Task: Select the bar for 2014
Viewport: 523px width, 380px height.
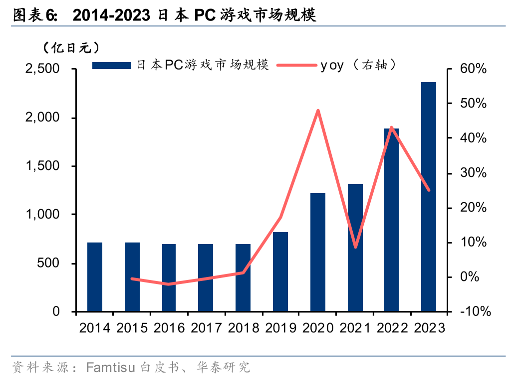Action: point(95,277)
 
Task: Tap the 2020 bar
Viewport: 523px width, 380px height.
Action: point(318,252)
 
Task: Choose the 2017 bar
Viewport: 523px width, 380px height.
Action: point(206,277)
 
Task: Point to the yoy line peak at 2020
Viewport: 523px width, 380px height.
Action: point(318,110)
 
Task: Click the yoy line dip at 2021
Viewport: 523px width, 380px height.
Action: point(355,247)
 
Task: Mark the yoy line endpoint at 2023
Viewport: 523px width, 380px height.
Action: point(428,190)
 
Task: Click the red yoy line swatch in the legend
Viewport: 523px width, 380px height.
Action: point(297,65)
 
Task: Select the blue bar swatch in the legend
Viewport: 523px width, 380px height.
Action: point(112,65)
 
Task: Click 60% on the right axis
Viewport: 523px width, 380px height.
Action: point(473,69)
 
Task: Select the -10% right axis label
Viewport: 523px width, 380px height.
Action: point(475,311)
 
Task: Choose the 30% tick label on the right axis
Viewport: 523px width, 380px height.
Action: point(473,173)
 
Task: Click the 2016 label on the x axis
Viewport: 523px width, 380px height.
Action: point(169,328)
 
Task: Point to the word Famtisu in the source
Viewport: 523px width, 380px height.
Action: point(111,368)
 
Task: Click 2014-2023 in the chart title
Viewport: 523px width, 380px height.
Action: point(111,15)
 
